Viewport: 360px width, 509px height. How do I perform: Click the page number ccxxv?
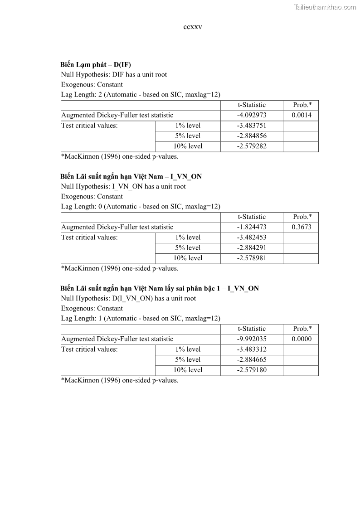(193, 27)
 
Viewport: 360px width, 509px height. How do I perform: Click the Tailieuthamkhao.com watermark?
(325, 7)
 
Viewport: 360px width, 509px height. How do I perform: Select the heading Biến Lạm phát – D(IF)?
(96, 64)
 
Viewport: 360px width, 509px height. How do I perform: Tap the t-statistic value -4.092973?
(252, 115)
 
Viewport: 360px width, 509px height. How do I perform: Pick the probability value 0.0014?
(302, 115)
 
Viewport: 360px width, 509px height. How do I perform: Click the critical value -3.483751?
(252, 126)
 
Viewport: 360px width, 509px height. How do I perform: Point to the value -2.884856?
(252, 136)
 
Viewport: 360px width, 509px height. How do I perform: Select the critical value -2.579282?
(252, 146)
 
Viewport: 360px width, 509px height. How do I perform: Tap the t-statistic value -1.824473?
(252, 227)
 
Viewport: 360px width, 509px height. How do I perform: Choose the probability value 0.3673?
(302, 227)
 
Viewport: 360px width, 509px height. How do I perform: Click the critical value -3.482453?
(252, 238)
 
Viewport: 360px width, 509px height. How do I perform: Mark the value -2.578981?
(252, 258)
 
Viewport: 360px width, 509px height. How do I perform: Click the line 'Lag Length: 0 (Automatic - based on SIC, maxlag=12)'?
(141, 206)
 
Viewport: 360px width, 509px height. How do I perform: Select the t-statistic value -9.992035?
(252, 339)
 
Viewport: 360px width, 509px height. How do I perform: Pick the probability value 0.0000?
(302, 339)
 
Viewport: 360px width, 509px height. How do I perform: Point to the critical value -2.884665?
(252, 360)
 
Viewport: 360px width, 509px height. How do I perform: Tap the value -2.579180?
(252, 370)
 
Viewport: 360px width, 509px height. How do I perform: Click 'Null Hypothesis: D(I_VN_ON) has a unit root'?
(128, 298)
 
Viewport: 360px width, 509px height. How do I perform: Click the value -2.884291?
(252, 248)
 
